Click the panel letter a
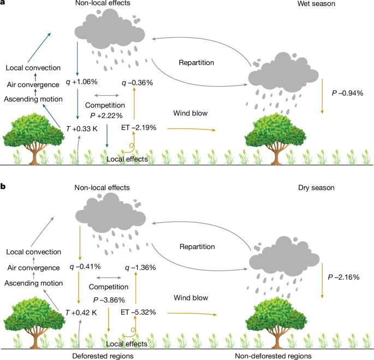pyautogui.click(x=3, y=4)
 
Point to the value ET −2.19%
pyautogui.click(x=139, y=127)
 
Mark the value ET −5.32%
pyautogui.click(x=139, y=312)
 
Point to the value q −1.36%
pyautogui.click(x=139, y=268)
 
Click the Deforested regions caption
pyautogui.click(x=104, y=355)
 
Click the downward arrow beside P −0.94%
pyautogui.click(x=322, y=96)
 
